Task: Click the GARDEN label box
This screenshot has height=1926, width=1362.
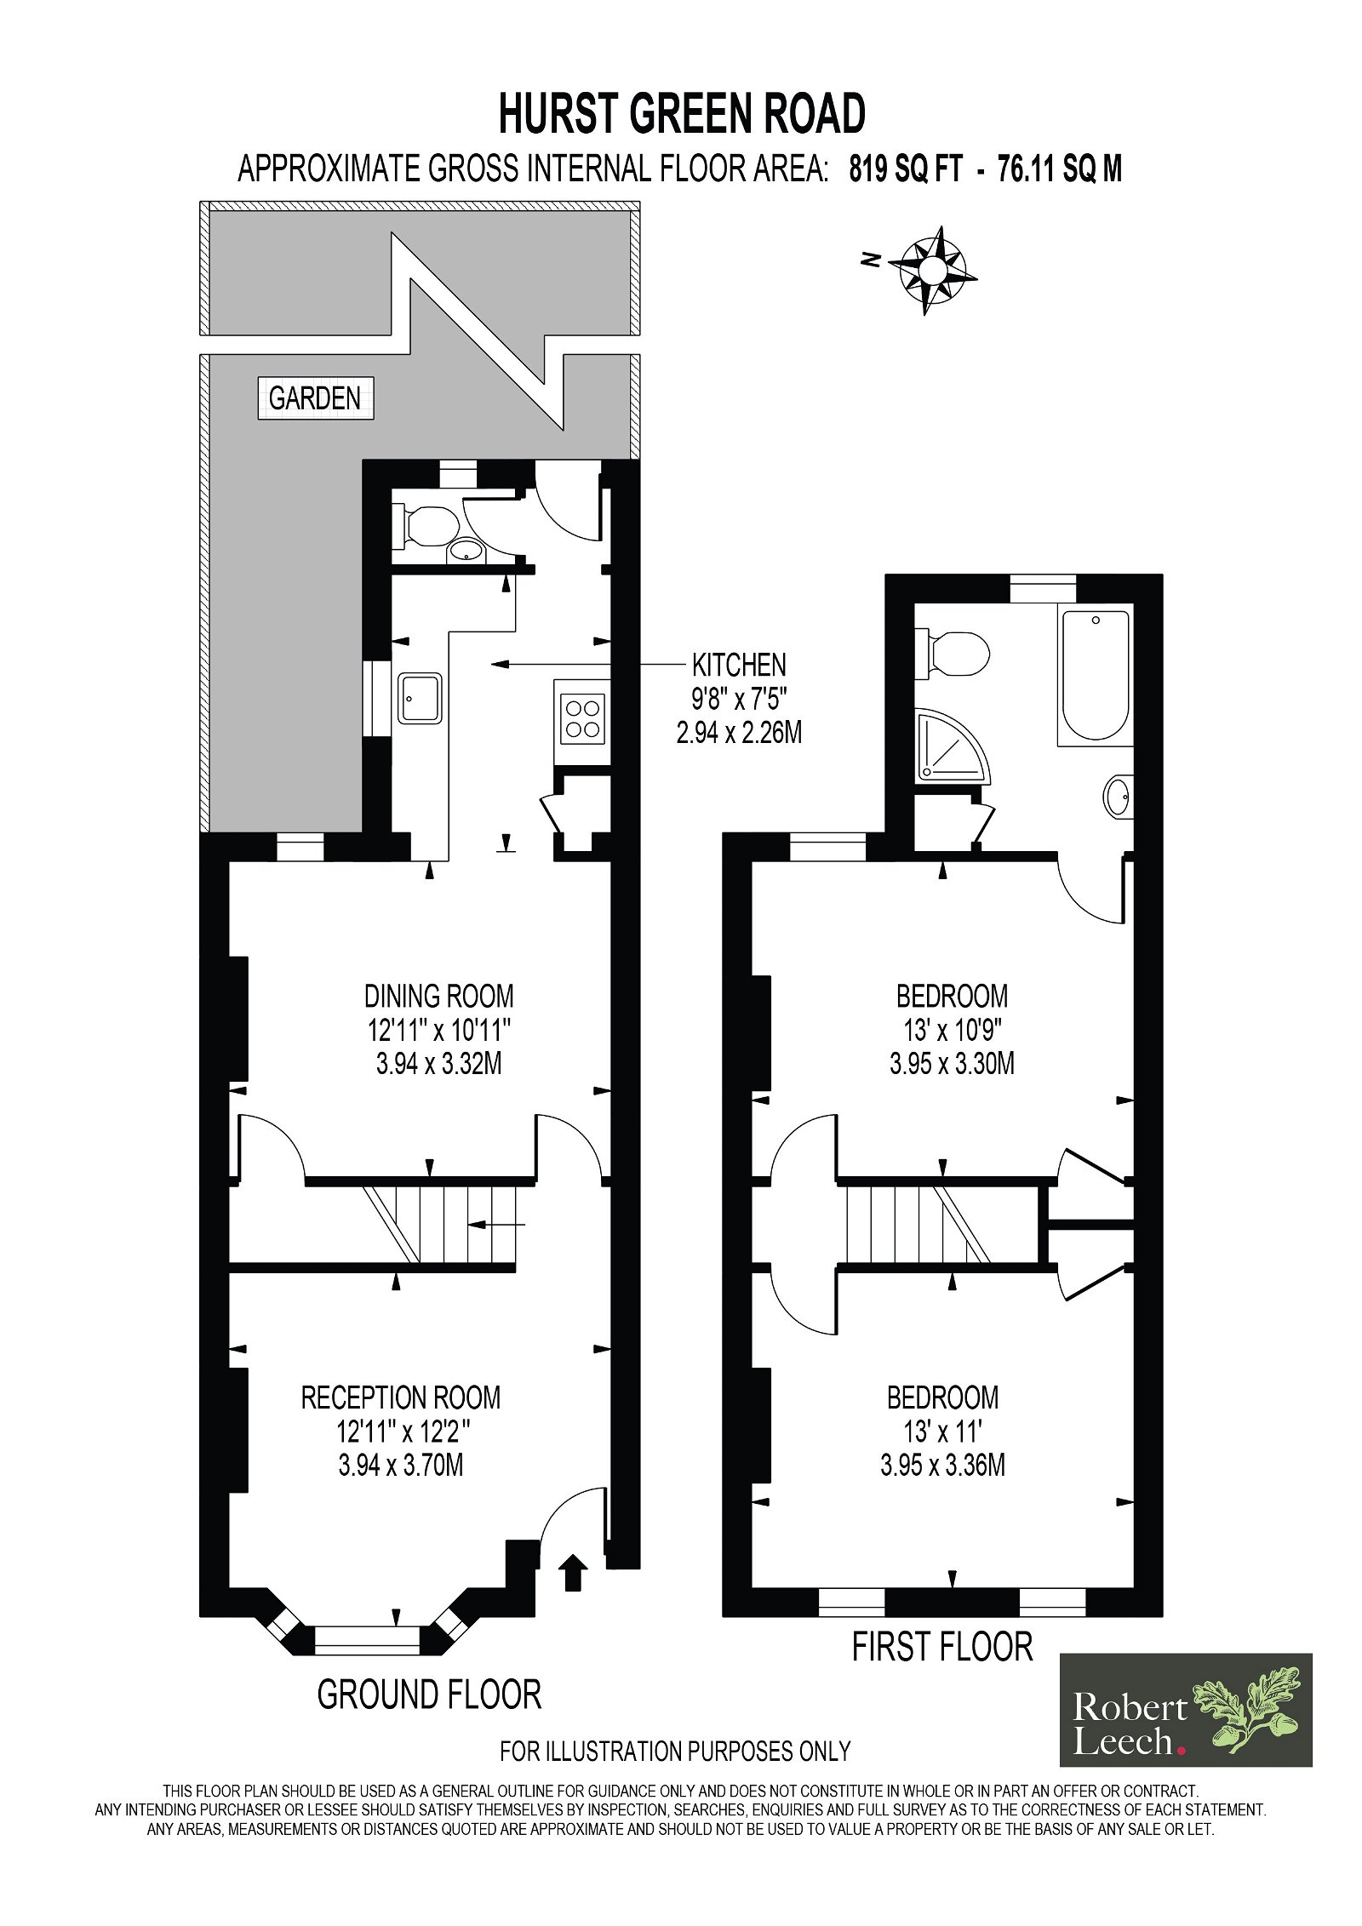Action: point(315,397)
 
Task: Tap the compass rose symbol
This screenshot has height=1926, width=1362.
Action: point(932,270)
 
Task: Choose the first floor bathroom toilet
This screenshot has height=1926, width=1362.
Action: point(955,654)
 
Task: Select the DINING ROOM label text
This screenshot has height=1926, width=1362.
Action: point(438,996)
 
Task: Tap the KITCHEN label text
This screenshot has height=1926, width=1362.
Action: point(738,665)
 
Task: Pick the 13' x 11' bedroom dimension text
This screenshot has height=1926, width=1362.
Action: point(942,1432)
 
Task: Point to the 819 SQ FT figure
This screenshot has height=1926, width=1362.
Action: point(905,169)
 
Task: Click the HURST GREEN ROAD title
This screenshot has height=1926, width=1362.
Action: point(681,114)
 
